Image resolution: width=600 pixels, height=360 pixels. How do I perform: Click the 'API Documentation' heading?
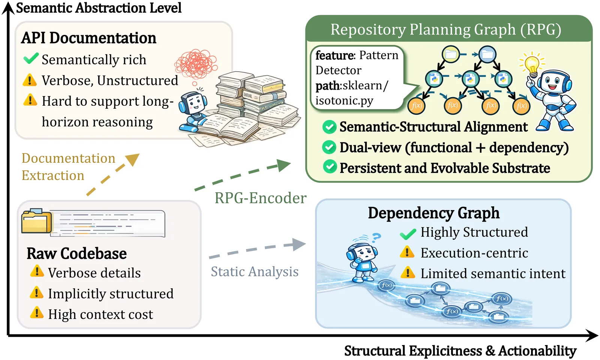click(x=88, y=38)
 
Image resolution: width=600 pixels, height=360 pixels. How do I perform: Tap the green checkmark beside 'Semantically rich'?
click(x=31, y=58)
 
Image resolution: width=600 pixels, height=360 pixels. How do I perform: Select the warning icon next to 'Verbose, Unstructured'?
click(x=30, y=80)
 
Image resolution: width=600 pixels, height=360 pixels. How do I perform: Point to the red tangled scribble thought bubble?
click(x=196, y=64)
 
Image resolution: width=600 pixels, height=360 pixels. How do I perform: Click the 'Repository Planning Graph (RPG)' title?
click(x=446, y=30)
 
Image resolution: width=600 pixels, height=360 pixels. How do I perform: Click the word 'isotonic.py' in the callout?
click(x=344, y=101)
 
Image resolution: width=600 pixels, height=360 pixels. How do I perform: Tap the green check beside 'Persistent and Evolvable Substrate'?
click(x=330, y=167)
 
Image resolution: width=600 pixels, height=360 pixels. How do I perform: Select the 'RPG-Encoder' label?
click(x=260, y=198)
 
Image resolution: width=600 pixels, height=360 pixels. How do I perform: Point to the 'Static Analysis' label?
click(x=255, y=271)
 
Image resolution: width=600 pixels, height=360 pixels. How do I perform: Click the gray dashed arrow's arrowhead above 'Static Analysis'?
click(x=299, y=244)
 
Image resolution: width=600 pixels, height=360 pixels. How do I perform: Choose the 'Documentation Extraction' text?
click(x=68, y=166)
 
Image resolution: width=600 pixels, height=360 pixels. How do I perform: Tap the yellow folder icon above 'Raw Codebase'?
click(x=37, y=221)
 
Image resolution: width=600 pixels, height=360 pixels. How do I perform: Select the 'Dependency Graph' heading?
click(x=433, y=213)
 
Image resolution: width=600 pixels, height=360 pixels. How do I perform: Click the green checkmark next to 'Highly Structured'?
click(x=408, y=234)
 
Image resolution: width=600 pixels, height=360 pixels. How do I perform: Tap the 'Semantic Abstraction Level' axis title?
click(x=99, y=7)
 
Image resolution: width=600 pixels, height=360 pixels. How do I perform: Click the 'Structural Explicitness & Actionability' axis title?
click(x=460, y=351)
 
